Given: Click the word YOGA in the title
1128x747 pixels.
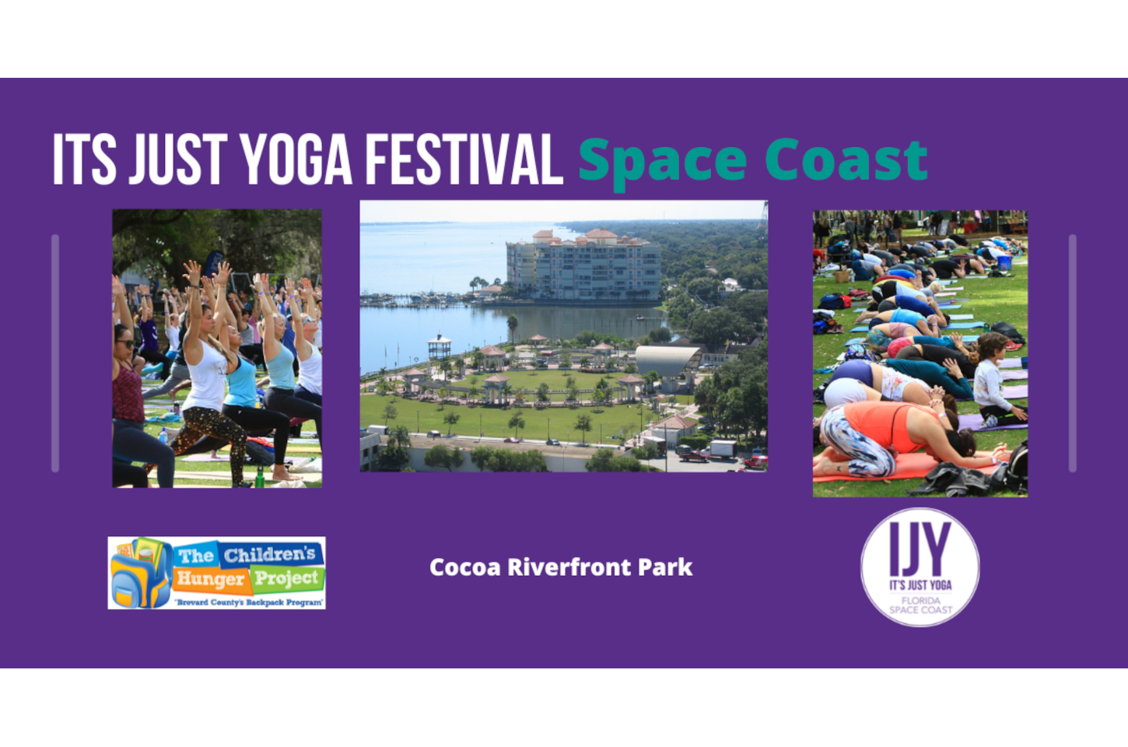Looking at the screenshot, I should pos(296,160).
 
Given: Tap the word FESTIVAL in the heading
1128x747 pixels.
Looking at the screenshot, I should pos(464,160).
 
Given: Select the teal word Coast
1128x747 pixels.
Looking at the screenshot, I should pos(846,160).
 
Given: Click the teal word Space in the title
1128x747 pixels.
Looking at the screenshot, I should pos(662,162).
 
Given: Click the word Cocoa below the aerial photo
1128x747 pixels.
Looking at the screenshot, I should pos(464,567).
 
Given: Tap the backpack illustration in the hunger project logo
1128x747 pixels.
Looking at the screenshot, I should pos(139,573).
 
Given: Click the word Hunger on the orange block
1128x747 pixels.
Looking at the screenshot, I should pos(210,579).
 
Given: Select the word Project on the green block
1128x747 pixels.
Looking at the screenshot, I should pos(286,578).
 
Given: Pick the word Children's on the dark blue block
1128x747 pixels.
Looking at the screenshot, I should pos(270,554).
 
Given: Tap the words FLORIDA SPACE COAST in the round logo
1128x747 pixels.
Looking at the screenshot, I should pos(920,605).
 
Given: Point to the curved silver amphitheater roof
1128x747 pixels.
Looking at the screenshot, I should pos(666,360).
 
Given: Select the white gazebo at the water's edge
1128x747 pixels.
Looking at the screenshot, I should pos(440,346).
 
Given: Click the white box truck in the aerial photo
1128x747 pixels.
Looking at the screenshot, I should pos(722,449).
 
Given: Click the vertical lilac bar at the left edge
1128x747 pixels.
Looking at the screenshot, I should pos(55,353).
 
